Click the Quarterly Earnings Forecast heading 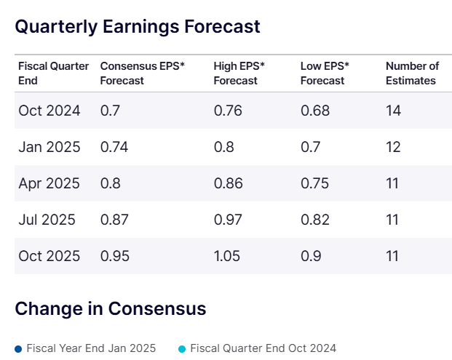point(138,27)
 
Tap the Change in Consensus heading point(111,308)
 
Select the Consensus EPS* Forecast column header point(142,73)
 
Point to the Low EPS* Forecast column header point(325,73)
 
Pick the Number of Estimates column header point(412,73)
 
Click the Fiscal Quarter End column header point(53,73)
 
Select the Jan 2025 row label point(49,147)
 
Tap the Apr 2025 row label point(49,183)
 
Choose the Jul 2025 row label point(47,220)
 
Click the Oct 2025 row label point(49,256)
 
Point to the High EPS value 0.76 point(229,111)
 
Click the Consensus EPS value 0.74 point(115,147)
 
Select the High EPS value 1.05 point(229,256)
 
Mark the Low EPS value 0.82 point(315,220)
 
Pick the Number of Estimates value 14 point(393,111)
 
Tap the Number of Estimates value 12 point(393,147)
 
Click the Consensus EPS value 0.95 point(115,256)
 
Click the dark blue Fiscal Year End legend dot point(18,348)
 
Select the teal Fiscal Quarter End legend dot point(182,348)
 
